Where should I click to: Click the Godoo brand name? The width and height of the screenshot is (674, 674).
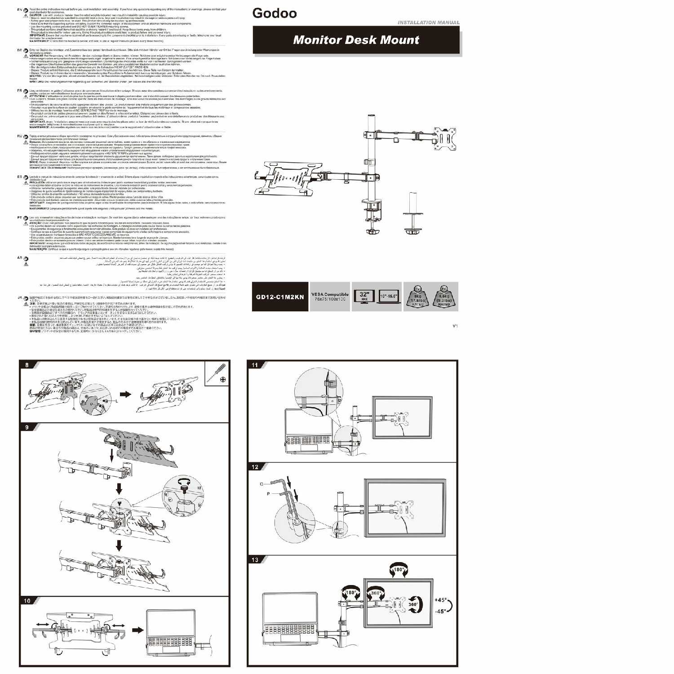275,13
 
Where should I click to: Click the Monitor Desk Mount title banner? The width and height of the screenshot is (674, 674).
356,40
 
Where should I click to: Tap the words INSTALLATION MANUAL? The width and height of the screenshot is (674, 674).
429,22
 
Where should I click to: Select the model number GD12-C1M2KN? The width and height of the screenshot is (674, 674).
280,297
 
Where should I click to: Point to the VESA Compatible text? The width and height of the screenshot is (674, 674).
330,295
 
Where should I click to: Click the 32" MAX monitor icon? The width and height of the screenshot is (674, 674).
364,296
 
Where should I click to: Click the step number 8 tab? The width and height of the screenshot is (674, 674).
27,365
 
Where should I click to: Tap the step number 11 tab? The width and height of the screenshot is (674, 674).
255,365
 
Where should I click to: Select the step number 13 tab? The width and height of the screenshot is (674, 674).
255,560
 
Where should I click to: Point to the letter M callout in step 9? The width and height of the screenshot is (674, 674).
200,488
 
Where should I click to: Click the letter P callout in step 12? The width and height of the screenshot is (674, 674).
268,494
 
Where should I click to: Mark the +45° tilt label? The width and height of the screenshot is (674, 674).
440,600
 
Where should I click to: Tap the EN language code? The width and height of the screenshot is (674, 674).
20,9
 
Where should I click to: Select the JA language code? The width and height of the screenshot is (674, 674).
20,297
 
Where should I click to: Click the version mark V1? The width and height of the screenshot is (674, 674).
455,326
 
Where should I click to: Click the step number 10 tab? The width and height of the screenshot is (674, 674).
27,601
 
